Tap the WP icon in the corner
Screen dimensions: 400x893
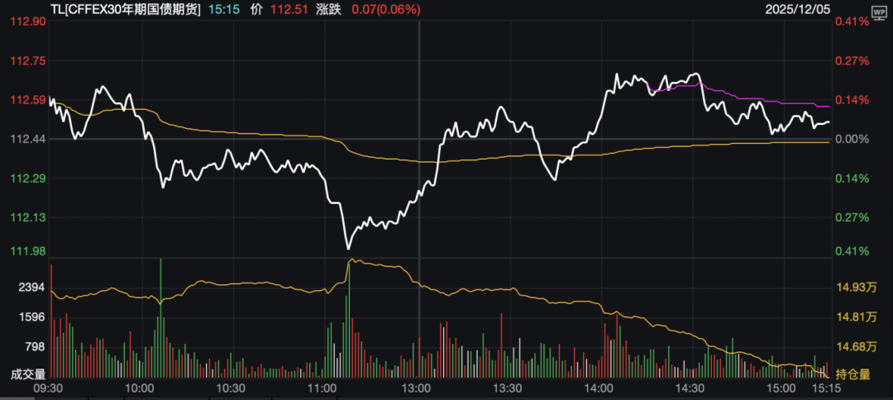[877, 13]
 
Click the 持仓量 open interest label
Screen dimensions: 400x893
[853, 374]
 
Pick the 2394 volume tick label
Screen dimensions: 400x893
[30, 288]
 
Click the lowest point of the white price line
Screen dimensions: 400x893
[348, 248]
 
